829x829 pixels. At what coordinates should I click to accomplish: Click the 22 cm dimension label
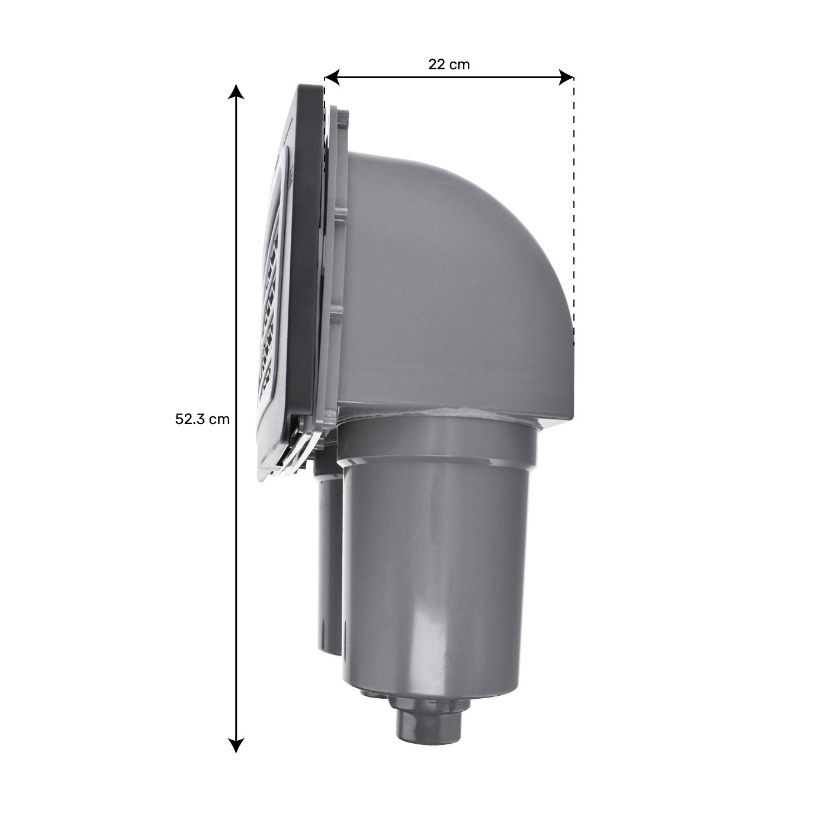click(x=448, y=65)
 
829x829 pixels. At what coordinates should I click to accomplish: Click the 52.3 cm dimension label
click(x=202, y=419)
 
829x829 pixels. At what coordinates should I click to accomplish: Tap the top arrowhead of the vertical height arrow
click(x=235, y=91)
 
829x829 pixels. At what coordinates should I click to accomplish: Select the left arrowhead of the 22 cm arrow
click(x=332, y=78)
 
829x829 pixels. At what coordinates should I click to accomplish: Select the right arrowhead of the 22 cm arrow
click(x=566, y=78)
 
